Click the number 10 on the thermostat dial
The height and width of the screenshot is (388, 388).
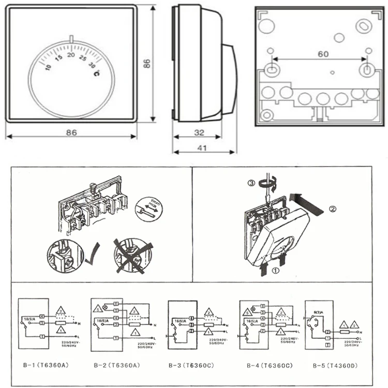[x=48, y=67]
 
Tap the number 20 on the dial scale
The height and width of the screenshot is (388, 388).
[x=71, y=54]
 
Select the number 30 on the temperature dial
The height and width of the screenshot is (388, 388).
[x=92, y=65]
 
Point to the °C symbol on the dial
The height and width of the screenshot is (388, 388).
[x=97, y=73]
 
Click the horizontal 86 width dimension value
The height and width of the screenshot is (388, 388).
[x=71, y=132]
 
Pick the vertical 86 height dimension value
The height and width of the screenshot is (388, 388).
[x=146, y=63]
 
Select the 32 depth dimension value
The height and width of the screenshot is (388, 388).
[x=198, y=132]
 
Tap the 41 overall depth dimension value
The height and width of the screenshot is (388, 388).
[x=203, y=147]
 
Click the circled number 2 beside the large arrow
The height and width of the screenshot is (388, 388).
[x=333, y=209]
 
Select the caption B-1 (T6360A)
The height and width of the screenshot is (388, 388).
[x=45, y=365]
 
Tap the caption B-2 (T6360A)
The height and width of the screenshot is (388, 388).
[x=118, y=365]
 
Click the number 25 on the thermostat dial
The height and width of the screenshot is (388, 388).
[x=83, y=58]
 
